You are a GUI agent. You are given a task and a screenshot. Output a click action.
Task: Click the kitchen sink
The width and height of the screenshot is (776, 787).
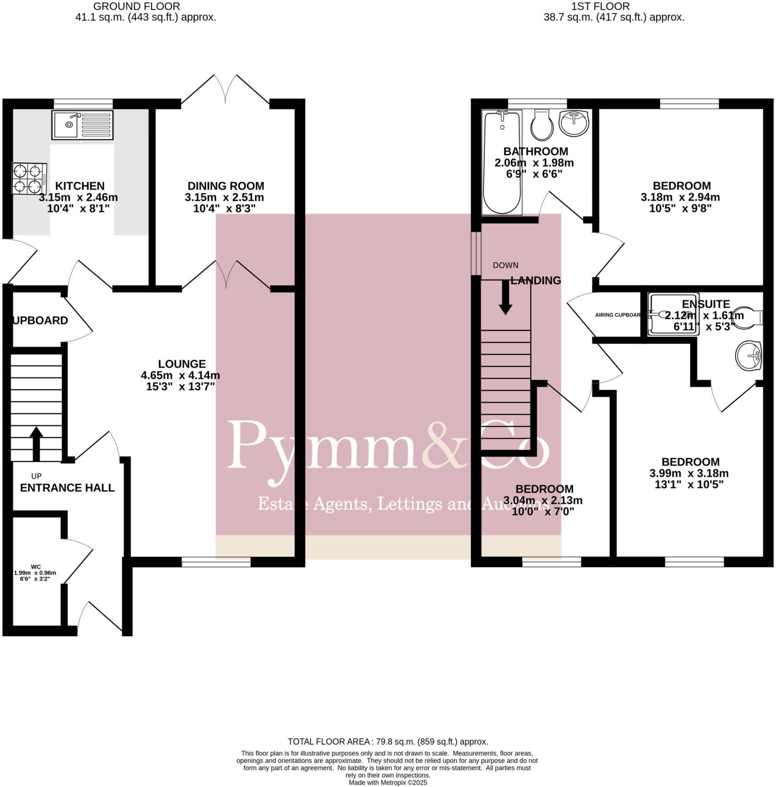82,125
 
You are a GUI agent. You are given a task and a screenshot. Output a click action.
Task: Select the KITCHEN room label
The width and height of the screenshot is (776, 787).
80,186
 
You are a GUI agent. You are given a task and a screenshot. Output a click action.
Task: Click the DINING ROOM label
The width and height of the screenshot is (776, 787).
226,186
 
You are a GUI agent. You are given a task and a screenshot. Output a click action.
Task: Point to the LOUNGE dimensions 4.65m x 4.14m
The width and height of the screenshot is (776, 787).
180,376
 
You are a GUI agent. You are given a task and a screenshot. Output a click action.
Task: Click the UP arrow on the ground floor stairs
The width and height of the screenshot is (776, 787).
36,443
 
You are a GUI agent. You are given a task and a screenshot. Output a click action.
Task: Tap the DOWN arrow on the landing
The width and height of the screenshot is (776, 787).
505,297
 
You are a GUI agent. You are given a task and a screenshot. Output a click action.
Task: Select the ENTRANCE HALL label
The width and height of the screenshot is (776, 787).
67,488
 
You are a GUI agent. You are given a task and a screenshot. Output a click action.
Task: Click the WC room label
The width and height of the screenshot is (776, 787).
36,566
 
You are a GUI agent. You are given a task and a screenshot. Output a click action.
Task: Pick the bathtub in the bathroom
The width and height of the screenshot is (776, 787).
502,162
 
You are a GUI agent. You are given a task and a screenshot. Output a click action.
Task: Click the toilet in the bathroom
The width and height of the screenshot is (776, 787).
542,125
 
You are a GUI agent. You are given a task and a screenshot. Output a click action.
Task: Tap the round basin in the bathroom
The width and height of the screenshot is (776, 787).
574,123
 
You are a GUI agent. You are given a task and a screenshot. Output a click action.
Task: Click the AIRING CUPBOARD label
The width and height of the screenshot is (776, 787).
618,315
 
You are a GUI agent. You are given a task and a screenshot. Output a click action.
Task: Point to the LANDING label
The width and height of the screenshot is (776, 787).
535,280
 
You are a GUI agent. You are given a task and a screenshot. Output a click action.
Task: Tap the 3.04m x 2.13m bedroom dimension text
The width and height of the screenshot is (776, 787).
543,501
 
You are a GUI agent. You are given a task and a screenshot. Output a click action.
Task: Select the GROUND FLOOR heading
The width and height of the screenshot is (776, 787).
136,6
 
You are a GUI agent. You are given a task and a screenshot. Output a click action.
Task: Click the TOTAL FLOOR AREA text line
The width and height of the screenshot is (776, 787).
388,742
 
